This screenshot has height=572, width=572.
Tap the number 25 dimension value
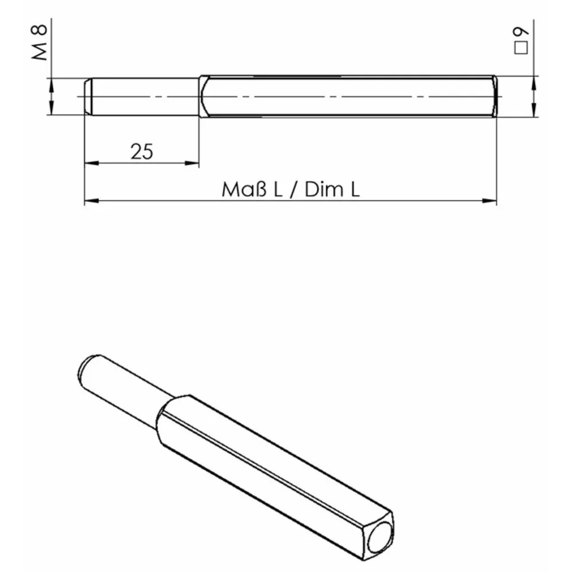pos(142,152)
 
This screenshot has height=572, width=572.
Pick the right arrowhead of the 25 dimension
pos(193,164)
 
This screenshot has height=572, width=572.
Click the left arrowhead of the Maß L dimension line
pos(92,201)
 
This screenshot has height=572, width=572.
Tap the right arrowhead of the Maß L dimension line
pos(490,201)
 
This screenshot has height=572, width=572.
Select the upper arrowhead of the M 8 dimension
pos(51,85)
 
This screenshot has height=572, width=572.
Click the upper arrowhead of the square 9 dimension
pos(534,83)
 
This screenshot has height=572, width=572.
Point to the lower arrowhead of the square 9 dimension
pos(534,110)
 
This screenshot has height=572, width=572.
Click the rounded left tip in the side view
pos(88,97)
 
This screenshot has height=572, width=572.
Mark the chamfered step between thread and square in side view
pos(202,97)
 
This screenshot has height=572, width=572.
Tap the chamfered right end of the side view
pos(495,97)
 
